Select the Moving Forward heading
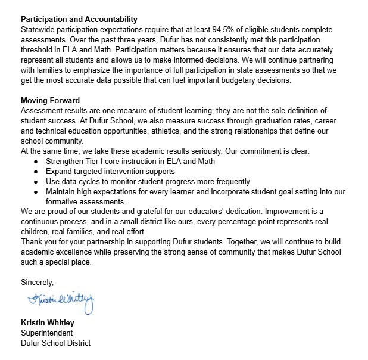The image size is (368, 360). click(50, 100)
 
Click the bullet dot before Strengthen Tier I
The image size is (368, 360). click(37, 162)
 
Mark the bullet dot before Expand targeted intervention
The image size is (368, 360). click(37, 171)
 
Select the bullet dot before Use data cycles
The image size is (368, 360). click(37, 181)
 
